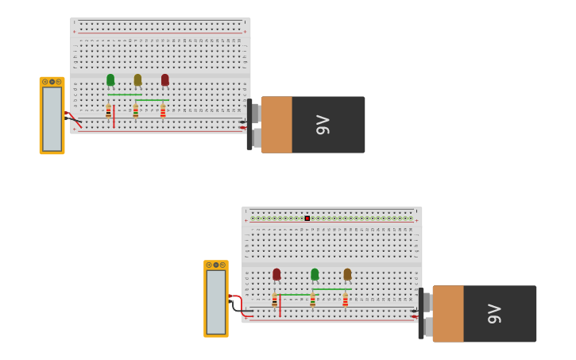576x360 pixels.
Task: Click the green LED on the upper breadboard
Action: pos(110,79)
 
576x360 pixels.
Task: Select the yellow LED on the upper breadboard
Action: pos(137,79)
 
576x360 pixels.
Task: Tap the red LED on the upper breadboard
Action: pos(165,79)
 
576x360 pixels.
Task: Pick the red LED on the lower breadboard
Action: pos(276,274)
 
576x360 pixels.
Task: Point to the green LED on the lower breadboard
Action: pos(315,274)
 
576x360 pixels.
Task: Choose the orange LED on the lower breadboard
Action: pos(347,274)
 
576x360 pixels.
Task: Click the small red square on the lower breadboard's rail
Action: pos(307,218)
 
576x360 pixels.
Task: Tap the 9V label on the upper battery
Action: pos(323,125)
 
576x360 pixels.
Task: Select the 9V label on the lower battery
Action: pos(494,314)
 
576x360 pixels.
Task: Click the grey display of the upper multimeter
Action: pos(52,118)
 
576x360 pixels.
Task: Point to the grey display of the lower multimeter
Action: pos(216,302)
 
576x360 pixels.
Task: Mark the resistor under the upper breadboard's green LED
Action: pos(109,111)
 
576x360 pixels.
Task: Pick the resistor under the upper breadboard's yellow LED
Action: pos(136,111)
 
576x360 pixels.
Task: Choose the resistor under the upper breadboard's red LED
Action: pos(163,111)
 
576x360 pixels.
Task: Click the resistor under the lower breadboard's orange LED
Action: pos(345,300)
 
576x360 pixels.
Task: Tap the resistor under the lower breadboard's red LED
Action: pos(275,300)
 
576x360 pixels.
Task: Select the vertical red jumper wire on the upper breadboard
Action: pos(114,116)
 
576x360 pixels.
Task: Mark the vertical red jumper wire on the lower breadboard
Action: pos(280,305)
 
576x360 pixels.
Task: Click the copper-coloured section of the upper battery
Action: pos(276,125)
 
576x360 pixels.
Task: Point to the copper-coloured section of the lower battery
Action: pos(448,314)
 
